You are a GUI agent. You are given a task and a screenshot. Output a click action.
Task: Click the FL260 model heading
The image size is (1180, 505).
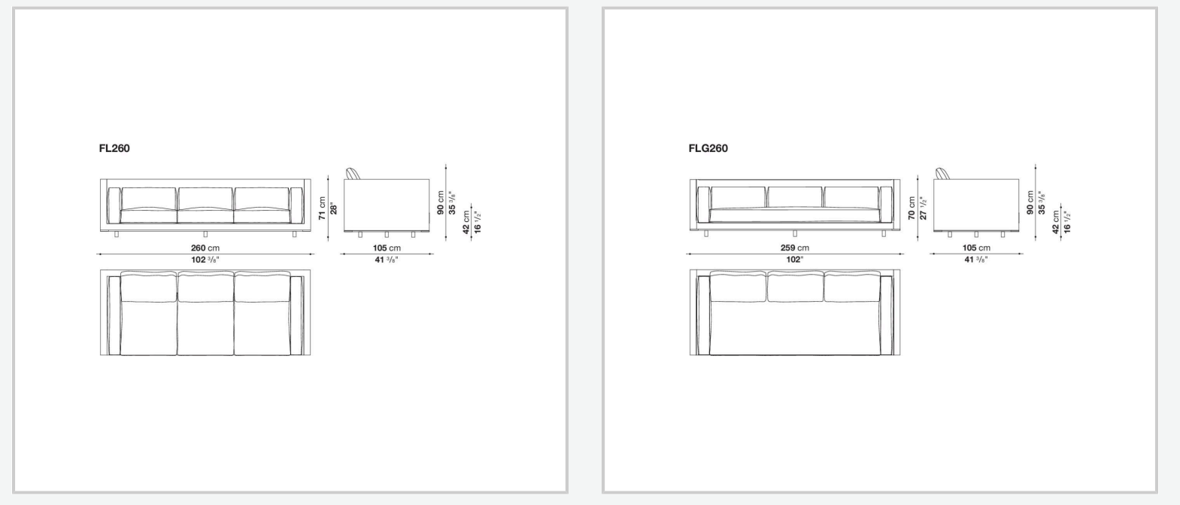(x=114, y=148)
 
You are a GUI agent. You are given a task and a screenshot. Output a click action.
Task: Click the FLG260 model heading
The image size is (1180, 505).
(x=708, y=148)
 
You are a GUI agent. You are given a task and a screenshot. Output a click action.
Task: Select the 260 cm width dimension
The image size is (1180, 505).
(x=205, y=248)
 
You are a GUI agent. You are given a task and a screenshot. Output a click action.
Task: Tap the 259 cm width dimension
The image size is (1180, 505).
(x=794, y=248)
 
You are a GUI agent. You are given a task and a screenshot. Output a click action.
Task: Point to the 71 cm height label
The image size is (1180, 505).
(x=322, y=208)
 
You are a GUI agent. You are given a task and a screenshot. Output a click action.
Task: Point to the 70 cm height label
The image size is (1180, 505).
(x=912, y=208)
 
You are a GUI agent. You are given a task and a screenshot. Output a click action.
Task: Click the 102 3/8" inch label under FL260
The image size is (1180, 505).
(x=205, y=260)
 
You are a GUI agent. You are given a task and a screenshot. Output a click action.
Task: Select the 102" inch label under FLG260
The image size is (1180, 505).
(x=794, y=260)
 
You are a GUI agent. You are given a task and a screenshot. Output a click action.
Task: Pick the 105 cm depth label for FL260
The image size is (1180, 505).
(x=387, y=248)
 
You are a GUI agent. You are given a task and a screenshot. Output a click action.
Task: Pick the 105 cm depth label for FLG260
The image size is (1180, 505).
(x=976, y=248)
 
